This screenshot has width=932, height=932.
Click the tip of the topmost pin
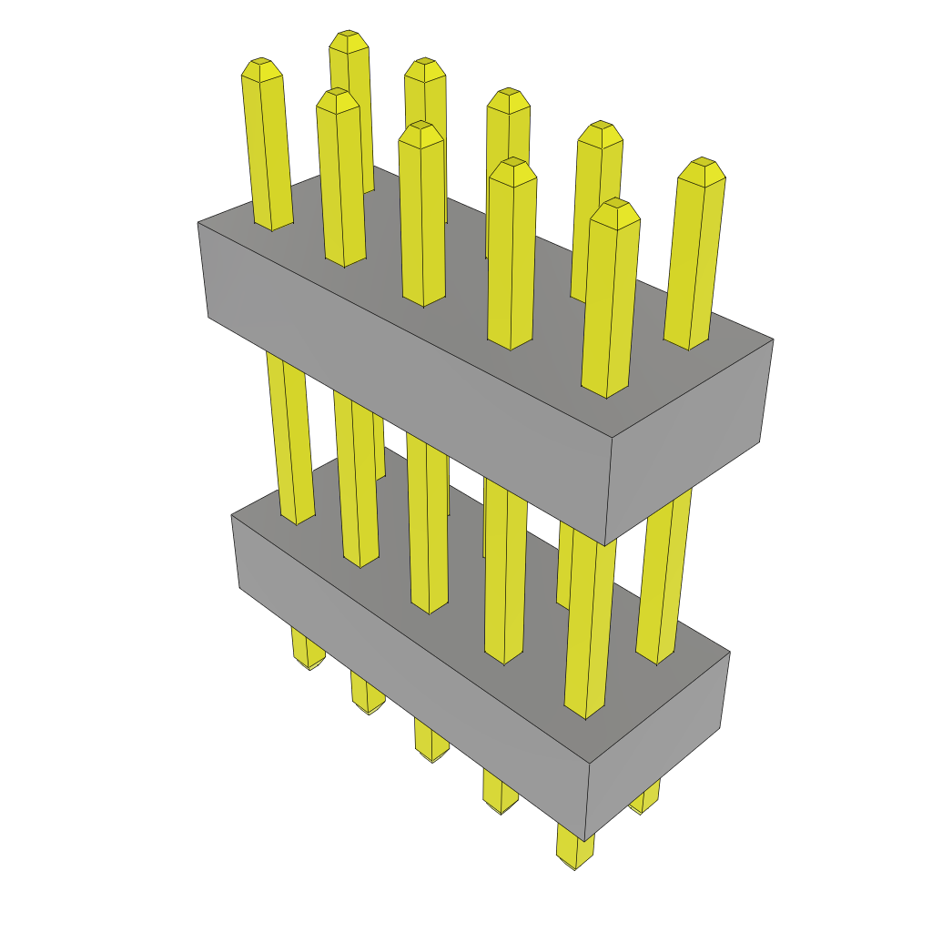349,40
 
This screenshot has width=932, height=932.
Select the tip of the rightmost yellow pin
702,168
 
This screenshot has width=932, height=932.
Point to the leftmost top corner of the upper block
198,222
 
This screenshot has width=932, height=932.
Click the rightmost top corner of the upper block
773,340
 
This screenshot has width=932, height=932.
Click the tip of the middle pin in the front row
420,133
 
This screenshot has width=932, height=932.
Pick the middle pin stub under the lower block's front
431,742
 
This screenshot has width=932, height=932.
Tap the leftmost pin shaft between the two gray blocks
289,437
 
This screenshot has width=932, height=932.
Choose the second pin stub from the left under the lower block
366,696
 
